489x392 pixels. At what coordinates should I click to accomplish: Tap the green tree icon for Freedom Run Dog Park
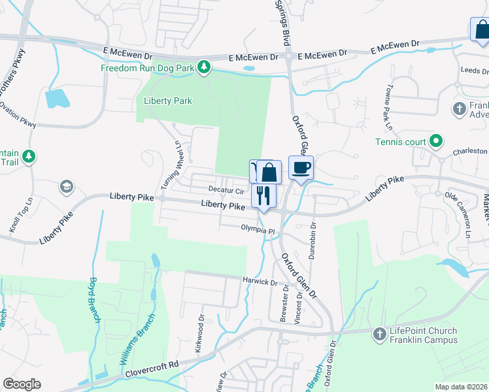(205, 67)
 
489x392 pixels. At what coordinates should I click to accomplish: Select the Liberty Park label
(168, 101)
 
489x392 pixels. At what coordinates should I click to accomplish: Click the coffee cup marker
(301, 168)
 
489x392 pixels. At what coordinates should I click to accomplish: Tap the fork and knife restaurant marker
(263, 195)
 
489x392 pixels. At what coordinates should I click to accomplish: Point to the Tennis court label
(400, 142)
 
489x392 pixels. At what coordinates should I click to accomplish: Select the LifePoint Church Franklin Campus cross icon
(379, 335)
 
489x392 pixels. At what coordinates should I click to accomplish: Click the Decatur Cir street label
(226, 190)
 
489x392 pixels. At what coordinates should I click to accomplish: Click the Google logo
(22, 384)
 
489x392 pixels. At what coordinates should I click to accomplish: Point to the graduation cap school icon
(66, 188)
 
